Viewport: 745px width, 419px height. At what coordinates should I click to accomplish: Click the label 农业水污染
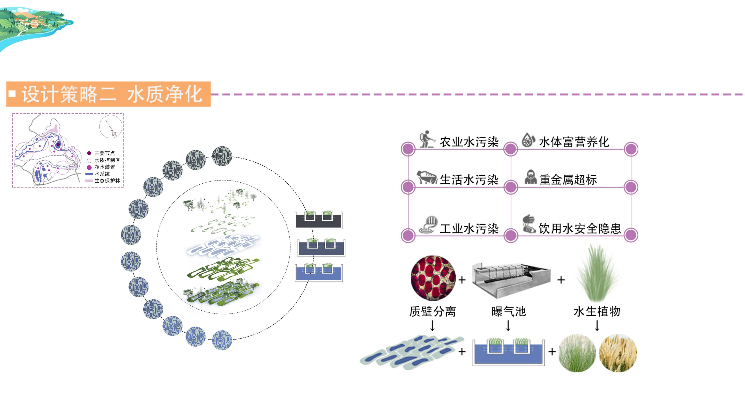(x=469, y=142)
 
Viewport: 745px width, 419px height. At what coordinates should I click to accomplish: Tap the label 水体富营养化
(x=574, y=142)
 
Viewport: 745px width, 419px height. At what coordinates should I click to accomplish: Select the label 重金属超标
(x=568, y=179)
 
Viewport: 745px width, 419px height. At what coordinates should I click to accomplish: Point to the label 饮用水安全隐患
(x=580, y=228)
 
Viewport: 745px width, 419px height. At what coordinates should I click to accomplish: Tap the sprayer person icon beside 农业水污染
(x=427, y=139)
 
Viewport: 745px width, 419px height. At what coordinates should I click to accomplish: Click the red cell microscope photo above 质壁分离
(x=433, y=278)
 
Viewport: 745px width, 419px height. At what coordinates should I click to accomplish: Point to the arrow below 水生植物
(x=597, y=326)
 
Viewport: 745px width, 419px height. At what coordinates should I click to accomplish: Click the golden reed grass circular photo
(x=618, y=353)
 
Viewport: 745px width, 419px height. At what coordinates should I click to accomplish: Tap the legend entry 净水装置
(x=105, y=167)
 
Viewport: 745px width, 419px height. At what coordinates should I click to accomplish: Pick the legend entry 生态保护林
(x=107, y=181)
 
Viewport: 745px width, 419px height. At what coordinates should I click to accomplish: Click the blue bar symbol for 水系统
(x=89, y=174)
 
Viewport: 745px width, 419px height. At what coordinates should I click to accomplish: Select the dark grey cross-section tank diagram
(x=318, y=220)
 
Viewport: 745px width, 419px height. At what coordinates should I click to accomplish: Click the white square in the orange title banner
(x=12, y=94)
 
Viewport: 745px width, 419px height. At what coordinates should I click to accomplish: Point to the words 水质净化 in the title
(x=165, y=94)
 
